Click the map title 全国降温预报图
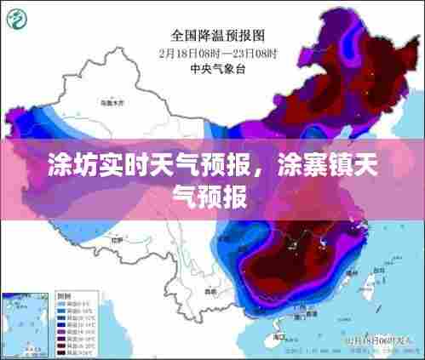coord(218,35)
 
